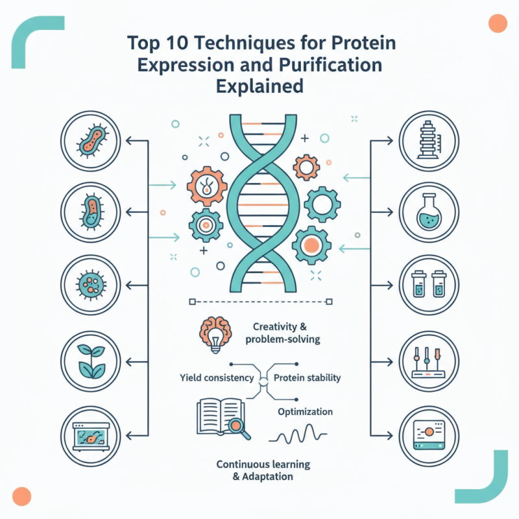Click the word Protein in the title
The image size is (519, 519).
click(x=365, y=45)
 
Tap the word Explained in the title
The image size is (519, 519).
click(x=259, y=86)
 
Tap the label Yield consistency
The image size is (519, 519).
click(x=217, y=378)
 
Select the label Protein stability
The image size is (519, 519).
click(x=307, y=378)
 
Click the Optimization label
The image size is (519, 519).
click(x=305, y=412)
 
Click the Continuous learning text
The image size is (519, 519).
click(x=263, y=465)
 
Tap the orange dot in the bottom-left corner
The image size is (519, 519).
click(x=22, y=496)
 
